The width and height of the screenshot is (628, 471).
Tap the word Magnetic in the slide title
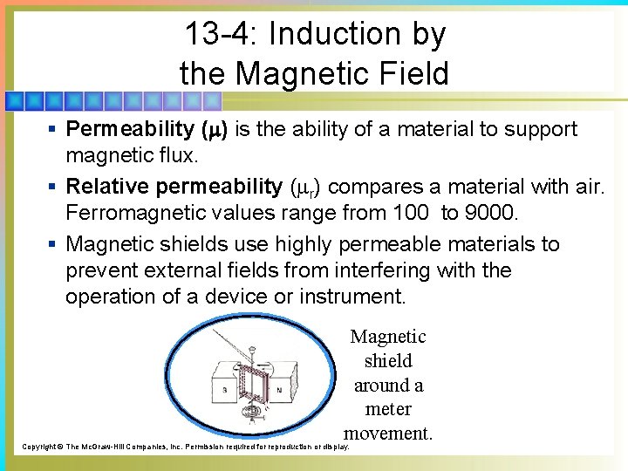click(x=296, y=73)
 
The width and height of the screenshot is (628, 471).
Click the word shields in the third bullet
click(x=195, y=244)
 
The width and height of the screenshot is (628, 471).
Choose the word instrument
click(x=352, y=297)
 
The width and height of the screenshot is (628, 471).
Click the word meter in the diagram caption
click(x=389, y=409)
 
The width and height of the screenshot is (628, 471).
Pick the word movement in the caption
click(x=388, y=433)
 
